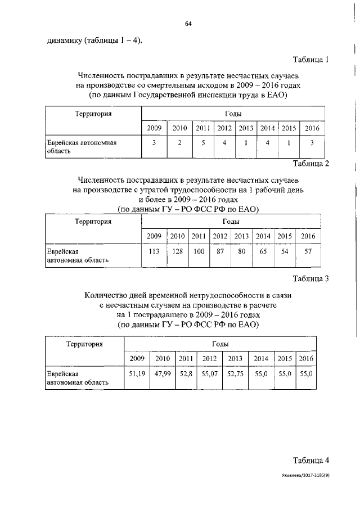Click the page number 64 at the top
point(188,24)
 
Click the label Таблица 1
point(310,59)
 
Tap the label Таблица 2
point(310,164)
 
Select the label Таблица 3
point(310,278)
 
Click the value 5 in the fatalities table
point(202,143)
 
